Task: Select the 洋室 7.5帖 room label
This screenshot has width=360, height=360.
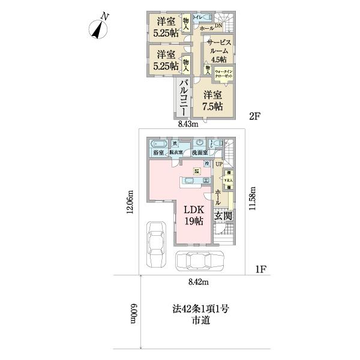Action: (212, 100)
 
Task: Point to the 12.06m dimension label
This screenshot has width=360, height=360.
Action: (131, 204)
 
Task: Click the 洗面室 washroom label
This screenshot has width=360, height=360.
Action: (200, 154)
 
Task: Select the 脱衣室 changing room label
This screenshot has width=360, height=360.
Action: (176, 154)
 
